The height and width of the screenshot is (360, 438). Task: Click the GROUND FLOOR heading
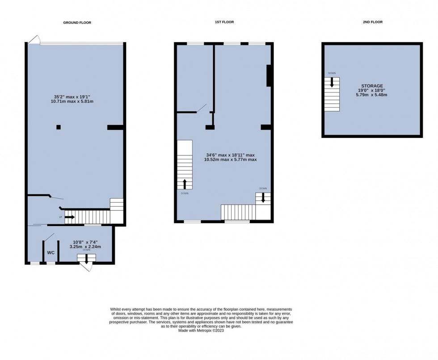[77, 22]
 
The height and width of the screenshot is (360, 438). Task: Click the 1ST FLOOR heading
[224, 22]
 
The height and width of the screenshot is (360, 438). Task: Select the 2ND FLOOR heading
[373, 22]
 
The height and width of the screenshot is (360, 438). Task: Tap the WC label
[51, 253]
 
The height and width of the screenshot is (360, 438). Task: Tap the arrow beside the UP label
[70, 218]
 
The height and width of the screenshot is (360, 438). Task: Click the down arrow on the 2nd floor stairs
[332, 82]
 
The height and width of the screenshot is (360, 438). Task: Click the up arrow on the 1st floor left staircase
[185, 184]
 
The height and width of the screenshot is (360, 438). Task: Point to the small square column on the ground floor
[59, 127]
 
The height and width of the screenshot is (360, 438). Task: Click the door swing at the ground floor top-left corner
[34, 40]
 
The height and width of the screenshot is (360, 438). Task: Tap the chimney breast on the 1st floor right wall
[269, 75]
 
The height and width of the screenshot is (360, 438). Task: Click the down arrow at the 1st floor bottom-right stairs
[263, 197]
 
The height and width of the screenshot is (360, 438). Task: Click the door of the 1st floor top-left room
[202, 108]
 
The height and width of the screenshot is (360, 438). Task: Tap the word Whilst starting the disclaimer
[116, 309]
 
